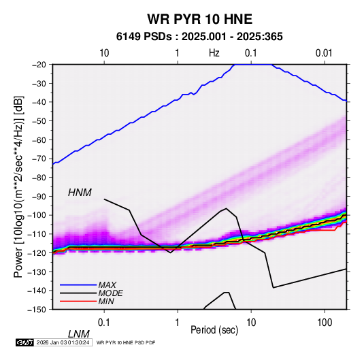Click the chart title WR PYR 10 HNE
(x=199, y=19)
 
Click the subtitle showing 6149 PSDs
(x=199, y=37)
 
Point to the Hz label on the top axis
(x=214, y=53)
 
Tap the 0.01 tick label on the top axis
(x=324, y=53)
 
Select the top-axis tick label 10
(x=104, y=53)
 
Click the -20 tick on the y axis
(x=39, y=65)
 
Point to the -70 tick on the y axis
(x=39, y=159)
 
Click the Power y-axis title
(x=18, y=186)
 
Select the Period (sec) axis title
(x=214, y=330)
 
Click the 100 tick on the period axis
(x=325, y=323)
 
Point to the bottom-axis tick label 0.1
(x=104, y=323)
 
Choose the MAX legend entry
(x=107, y=284)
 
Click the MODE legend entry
(x=110, y=293)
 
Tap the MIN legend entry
(x=106, y=301)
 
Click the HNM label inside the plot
(x=80, y=193)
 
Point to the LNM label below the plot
(x=79, y=334)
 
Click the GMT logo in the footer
(x=25, y=342)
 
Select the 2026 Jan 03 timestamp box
(x=63, y=342)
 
